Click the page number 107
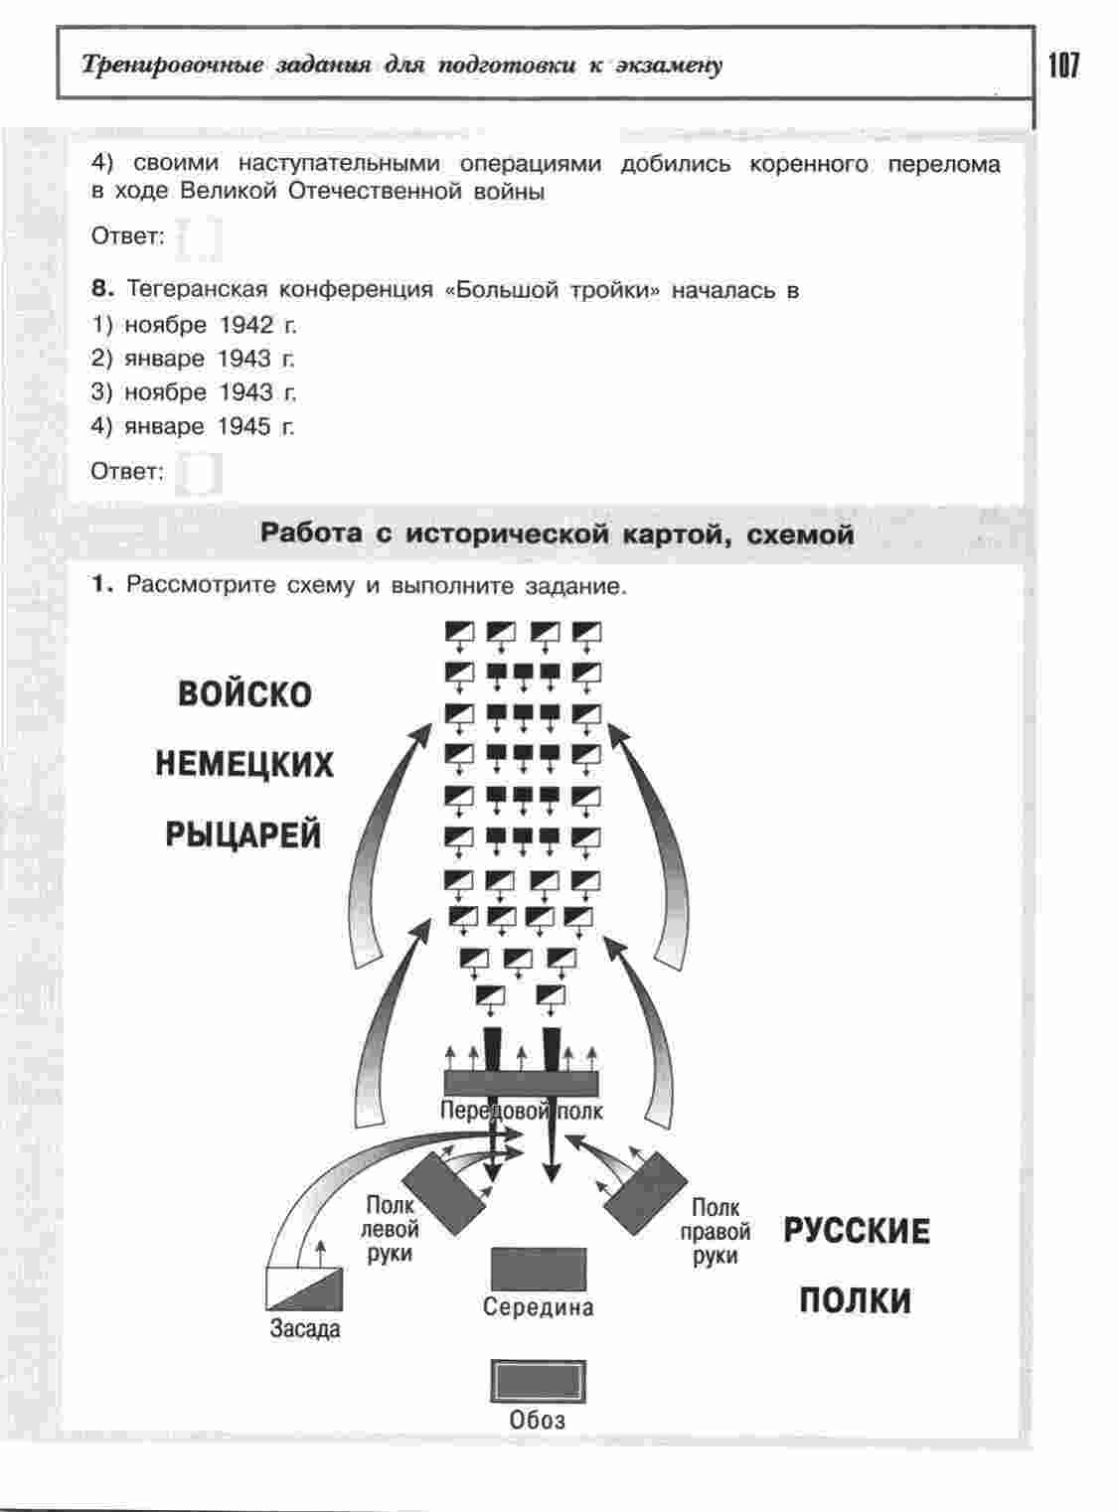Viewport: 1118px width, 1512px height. [1062, 67]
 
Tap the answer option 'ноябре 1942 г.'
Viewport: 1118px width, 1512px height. [210, 325]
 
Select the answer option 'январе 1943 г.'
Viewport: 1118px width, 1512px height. [209, 359]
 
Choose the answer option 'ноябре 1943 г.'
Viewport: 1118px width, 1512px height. [210, 392]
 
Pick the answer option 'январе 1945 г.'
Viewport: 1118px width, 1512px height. [209, 427]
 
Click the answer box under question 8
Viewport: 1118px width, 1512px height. [199, 473]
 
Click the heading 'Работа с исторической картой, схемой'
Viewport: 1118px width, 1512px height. [557, 534]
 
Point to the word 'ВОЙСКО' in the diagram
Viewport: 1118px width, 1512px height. [244, 693]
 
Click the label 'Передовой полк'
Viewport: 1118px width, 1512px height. [521, 1111]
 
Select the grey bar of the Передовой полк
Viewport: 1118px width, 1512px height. [521, 1082]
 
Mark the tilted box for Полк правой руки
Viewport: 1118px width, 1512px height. [645, 1192]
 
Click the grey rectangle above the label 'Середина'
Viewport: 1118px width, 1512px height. [539, 1270]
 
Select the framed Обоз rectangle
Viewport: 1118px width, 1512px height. [538, 1382]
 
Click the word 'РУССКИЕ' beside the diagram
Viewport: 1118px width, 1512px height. [857, 1231]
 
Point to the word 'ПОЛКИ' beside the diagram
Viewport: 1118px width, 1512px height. [855, 1300]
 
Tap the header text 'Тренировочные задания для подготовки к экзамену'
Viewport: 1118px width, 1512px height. [402, 67]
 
